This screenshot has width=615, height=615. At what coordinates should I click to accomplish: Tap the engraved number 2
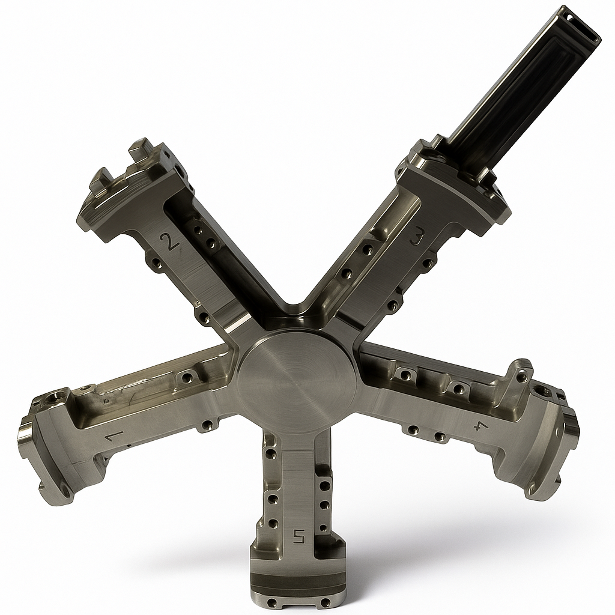point(169,242)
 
